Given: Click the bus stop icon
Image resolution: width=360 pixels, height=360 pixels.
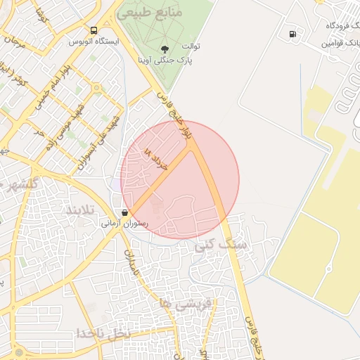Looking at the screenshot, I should point(94,30).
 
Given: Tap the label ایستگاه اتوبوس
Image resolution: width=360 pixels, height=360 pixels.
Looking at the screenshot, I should point(94,41).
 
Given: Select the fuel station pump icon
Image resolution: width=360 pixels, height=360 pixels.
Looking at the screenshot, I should point(292,33).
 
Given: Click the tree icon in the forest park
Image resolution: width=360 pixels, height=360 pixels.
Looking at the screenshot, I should point(165,49).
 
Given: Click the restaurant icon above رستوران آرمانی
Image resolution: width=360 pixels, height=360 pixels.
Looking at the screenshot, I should point(125,212).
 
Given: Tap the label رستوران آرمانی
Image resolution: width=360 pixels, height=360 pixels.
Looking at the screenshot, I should point(124,224).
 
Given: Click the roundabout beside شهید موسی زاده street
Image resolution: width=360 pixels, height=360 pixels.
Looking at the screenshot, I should point(96,88).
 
